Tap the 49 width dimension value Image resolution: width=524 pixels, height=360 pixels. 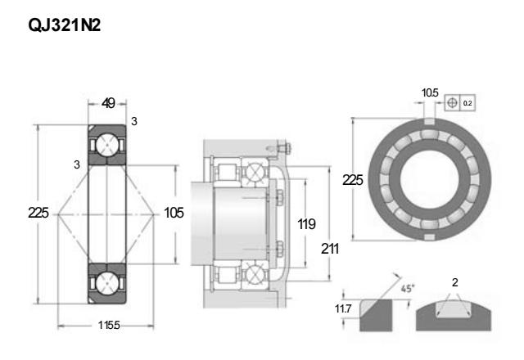[x=107, y=103]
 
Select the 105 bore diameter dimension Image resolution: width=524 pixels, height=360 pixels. [x=174, y=213]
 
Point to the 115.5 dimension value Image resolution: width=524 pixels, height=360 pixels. [x=107, y=326]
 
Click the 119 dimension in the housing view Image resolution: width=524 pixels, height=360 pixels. [x=308, y=223]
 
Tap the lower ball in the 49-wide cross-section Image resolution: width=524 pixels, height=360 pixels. [x=107, y=282]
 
